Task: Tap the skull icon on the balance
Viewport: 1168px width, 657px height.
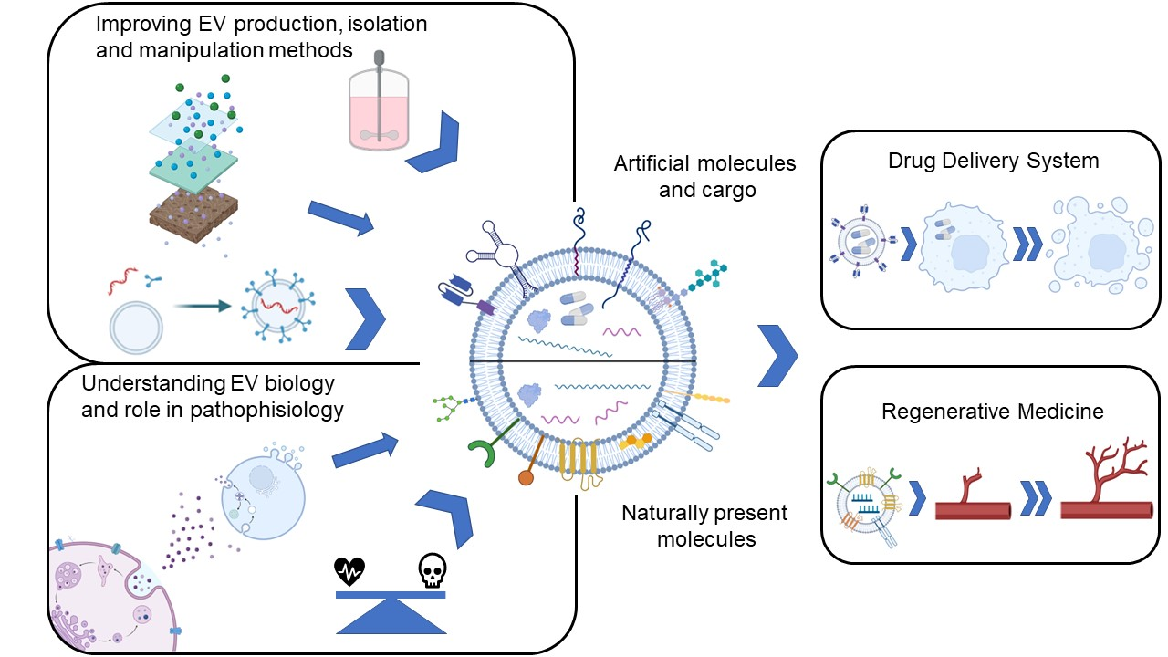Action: [431, 571]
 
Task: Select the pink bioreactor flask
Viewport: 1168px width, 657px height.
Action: [377, 110]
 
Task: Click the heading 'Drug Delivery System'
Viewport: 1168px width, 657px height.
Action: [994, 162]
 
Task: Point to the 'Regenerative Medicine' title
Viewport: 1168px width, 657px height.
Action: [993, 412]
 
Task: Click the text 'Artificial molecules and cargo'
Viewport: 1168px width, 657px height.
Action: [704, 176]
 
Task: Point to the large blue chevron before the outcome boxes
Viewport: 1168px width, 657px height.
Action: [777, 353]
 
